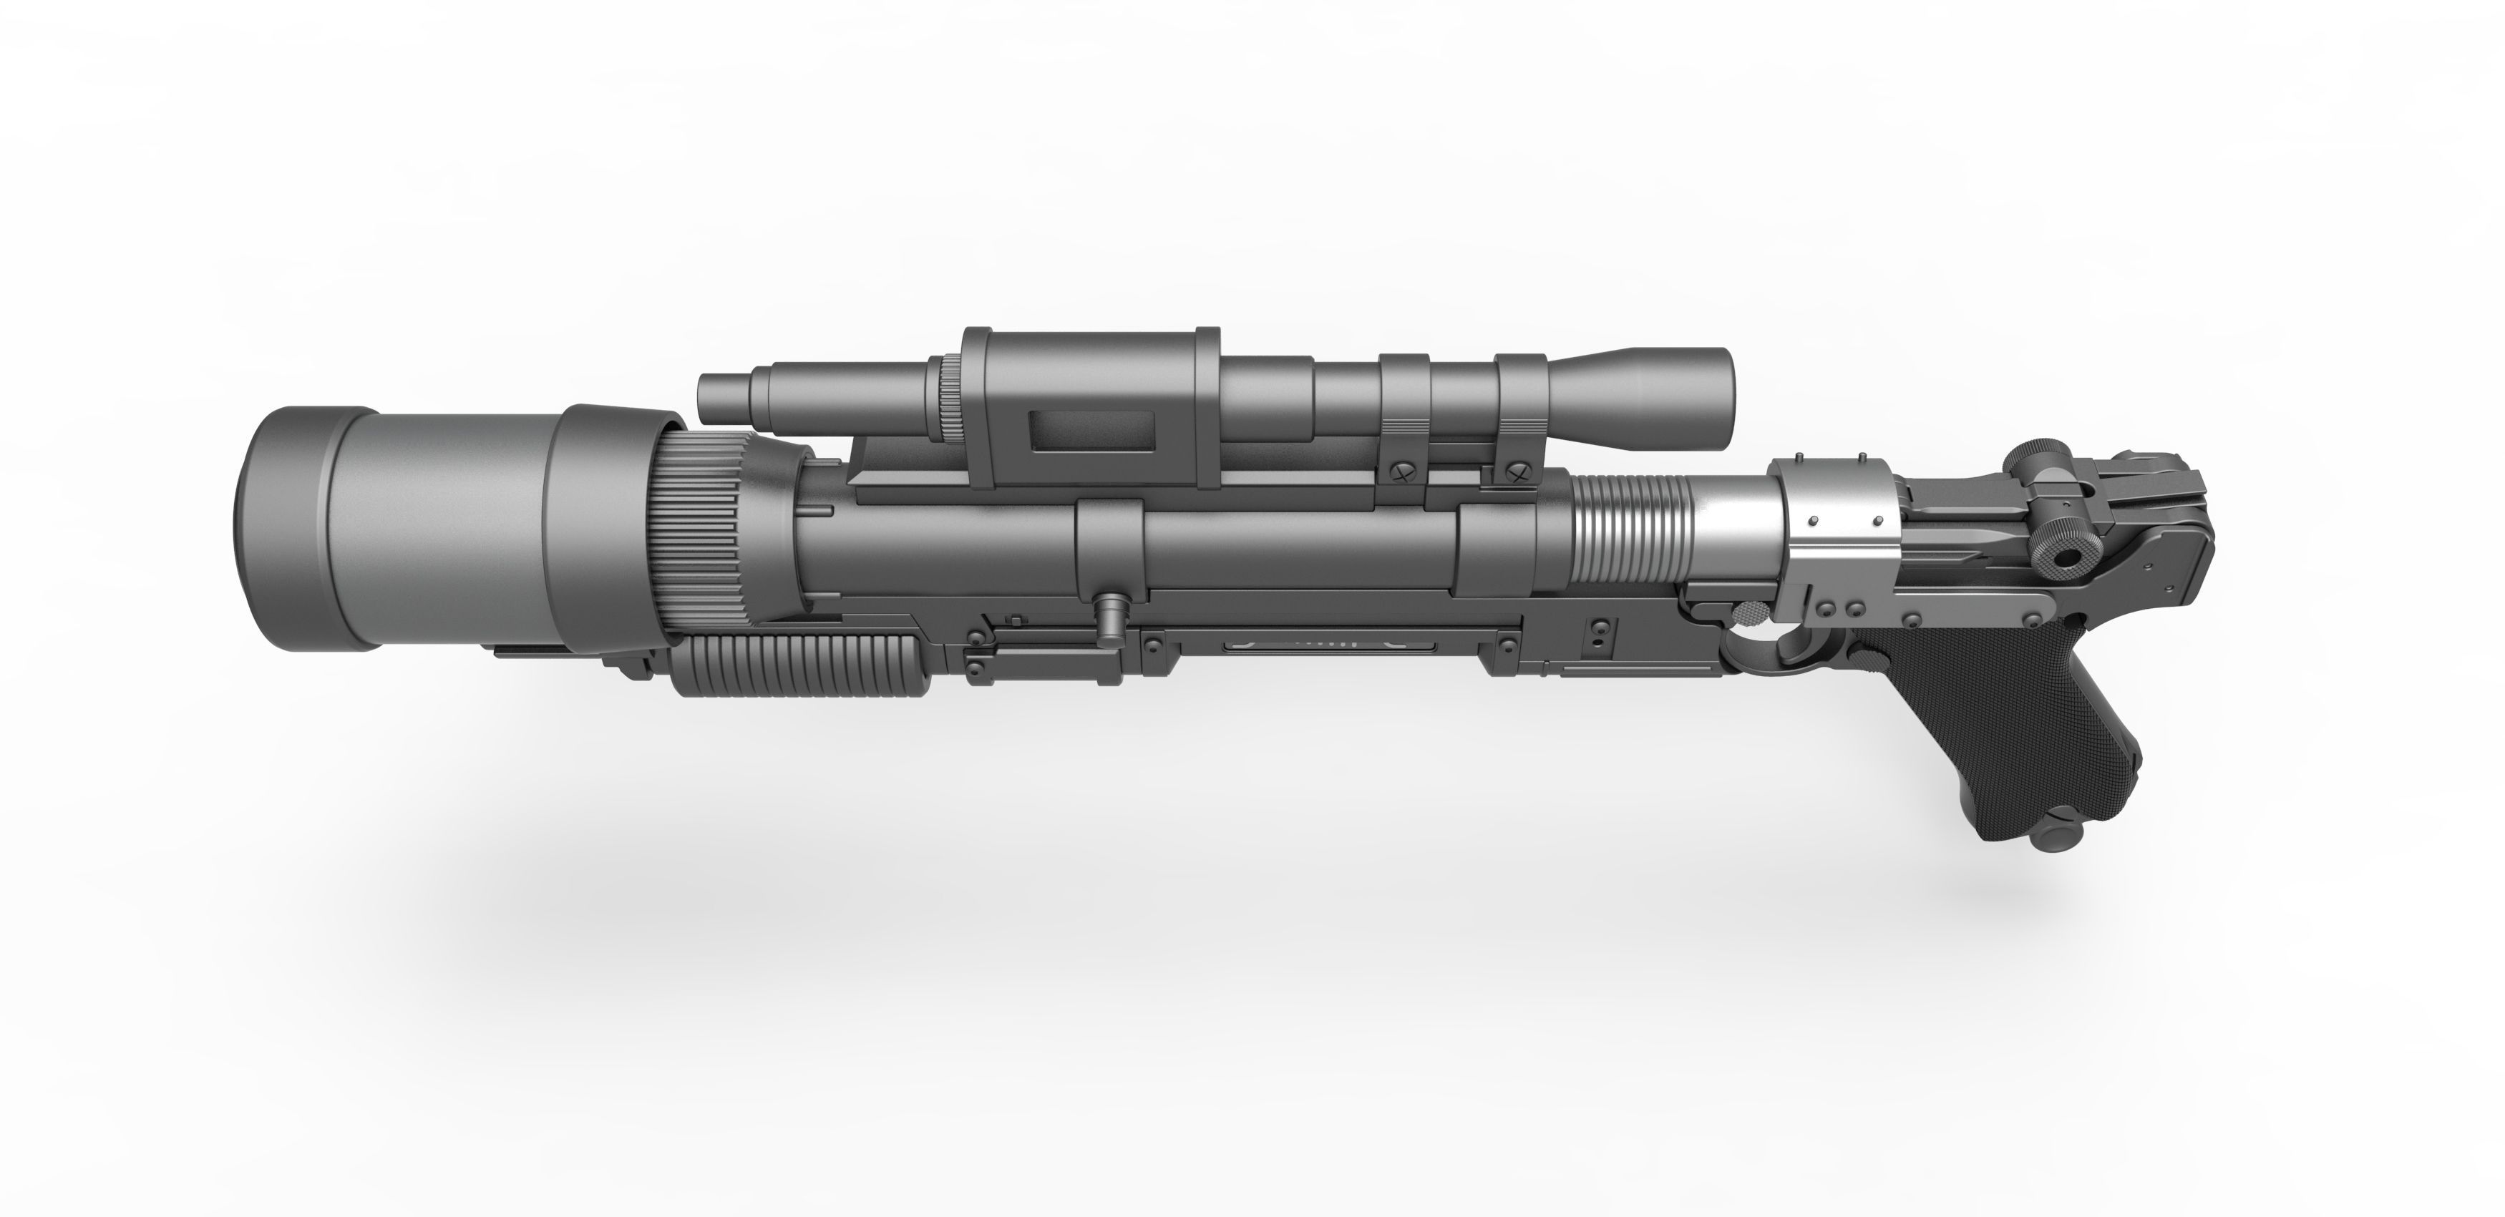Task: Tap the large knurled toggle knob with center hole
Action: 2063,559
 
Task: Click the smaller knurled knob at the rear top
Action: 2030,457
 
